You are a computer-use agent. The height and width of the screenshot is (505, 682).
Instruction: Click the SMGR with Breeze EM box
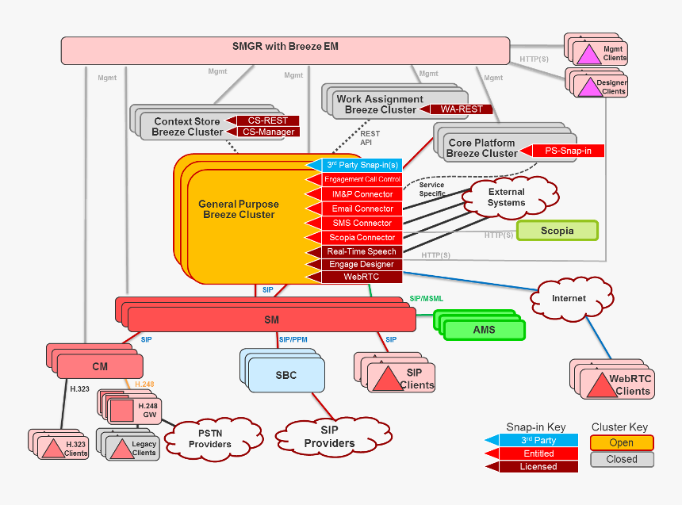[285, 48]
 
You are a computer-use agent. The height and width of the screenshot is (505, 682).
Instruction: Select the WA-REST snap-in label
[461, 109]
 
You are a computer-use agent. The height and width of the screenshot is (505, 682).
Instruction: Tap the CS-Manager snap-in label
[268, 132]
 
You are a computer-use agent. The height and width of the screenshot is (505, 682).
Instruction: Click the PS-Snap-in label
[568, 151]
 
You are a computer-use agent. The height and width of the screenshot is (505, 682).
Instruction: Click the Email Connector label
[361, 209]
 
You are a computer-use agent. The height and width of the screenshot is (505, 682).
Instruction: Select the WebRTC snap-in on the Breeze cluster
[361, 277]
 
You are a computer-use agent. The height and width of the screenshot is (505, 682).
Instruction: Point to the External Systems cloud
[507, 197]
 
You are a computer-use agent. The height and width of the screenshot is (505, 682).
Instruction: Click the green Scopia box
[557, 231]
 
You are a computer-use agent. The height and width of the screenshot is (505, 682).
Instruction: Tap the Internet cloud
[569, 298]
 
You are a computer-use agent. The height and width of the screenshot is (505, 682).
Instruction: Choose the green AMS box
[484, 330]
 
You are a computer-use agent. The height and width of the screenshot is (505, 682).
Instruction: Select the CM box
[100, 366]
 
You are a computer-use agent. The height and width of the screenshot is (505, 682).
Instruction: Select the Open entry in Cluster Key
[622, 442]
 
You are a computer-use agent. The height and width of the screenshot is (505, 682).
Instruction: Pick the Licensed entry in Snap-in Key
[538, 467]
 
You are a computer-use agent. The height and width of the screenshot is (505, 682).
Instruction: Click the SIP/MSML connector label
[427, 299]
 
